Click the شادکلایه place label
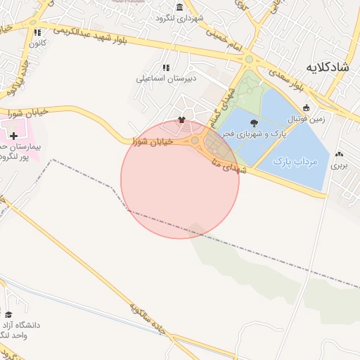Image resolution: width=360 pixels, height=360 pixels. (x=328, y=67)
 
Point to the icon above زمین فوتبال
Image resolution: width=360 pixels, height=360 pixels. (x=307, y=108)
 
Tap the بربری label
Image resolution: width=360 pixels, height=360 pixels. (x=340, y=166)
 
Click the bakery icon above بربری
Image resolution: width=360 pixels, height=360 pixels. (x=340, y=155)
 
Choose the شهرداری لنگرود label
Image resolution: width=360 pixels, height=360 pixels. (x=180, y=18)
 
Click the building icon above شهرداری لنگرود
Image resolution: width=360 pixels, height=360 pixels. (x=180, y=6)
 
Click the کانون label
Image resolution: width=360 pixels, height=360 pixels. (x=37, y=44)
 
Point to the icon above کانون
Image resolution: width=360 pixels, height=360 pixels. (x=37, y=32)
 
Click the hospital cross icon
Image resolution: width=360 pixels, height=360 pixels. (x=14, y=134)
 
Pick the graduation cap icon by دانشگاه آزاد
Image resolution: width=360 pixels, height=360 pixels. (x=8, y=315)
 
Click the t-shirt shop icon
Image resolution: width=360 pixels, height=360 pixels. (x=182, y=120)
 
